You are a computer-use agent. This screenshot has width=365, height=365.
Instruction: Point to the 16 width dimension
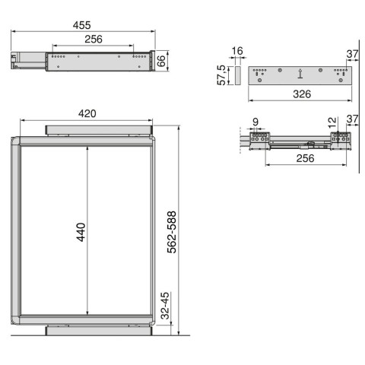click(236, 52)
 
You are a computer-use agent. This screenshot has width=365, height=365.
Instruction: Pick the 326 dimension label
click(302, 94)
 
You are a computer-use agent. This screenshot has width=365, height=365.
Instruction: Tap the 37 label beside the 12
click(351, 119)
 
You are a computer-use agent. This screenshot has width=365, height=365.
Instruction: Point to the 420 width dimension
click(87, 113)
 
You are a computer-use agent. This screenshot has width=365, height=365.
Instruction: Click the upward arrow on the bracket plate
click(301, 75)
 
